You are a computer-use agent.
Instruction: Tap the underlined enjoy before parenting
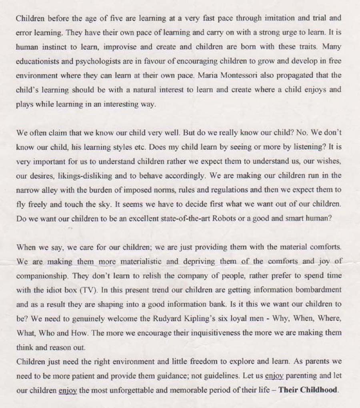click(274, 376)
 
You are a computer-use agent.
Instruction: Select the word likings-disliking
click(74, 175)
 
